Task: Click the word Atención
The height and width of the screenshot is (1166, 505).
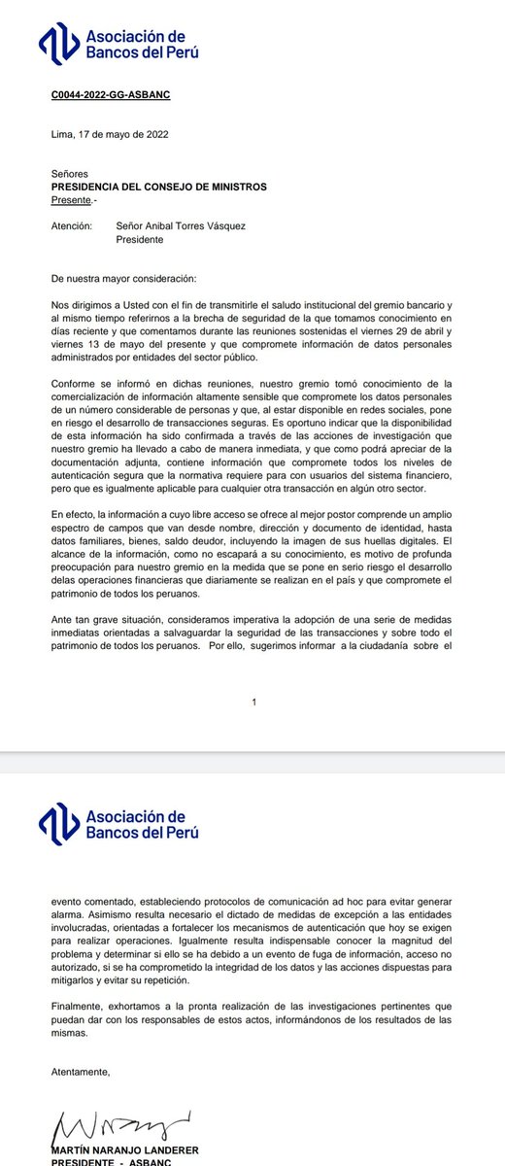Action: tap(70, 225)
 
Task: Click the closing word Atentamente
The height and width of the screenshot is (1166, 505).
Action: tap(81, 1072)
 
